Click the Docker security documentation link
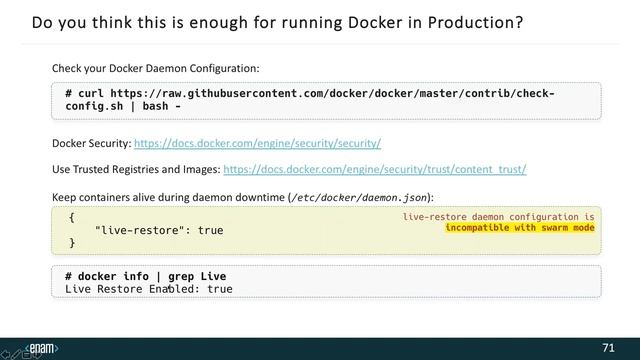pyautogui.click(x=257, y=143)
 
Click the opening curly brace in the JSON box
pyautogui.click(x=72, y=217)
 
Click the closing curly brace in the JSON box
pyautogui.click(x=72, y=243)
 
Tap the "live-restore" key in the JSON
pyautogui.click(x=139, y=231)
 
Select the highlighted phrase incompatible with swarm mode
pyautogui.click(x=520, y=227)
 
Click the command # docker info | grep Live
pyautogui.click(x=145, y=276)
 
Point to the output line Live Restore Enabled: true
pyautogui.click(x=149, y=289)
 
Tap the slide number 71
pyautogui.click(x=608, y=347)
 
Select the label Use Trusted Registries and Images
pyautogui.click(x=136, y=169)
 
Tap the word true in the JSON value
pyautogui.click(x=210, y=231)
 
